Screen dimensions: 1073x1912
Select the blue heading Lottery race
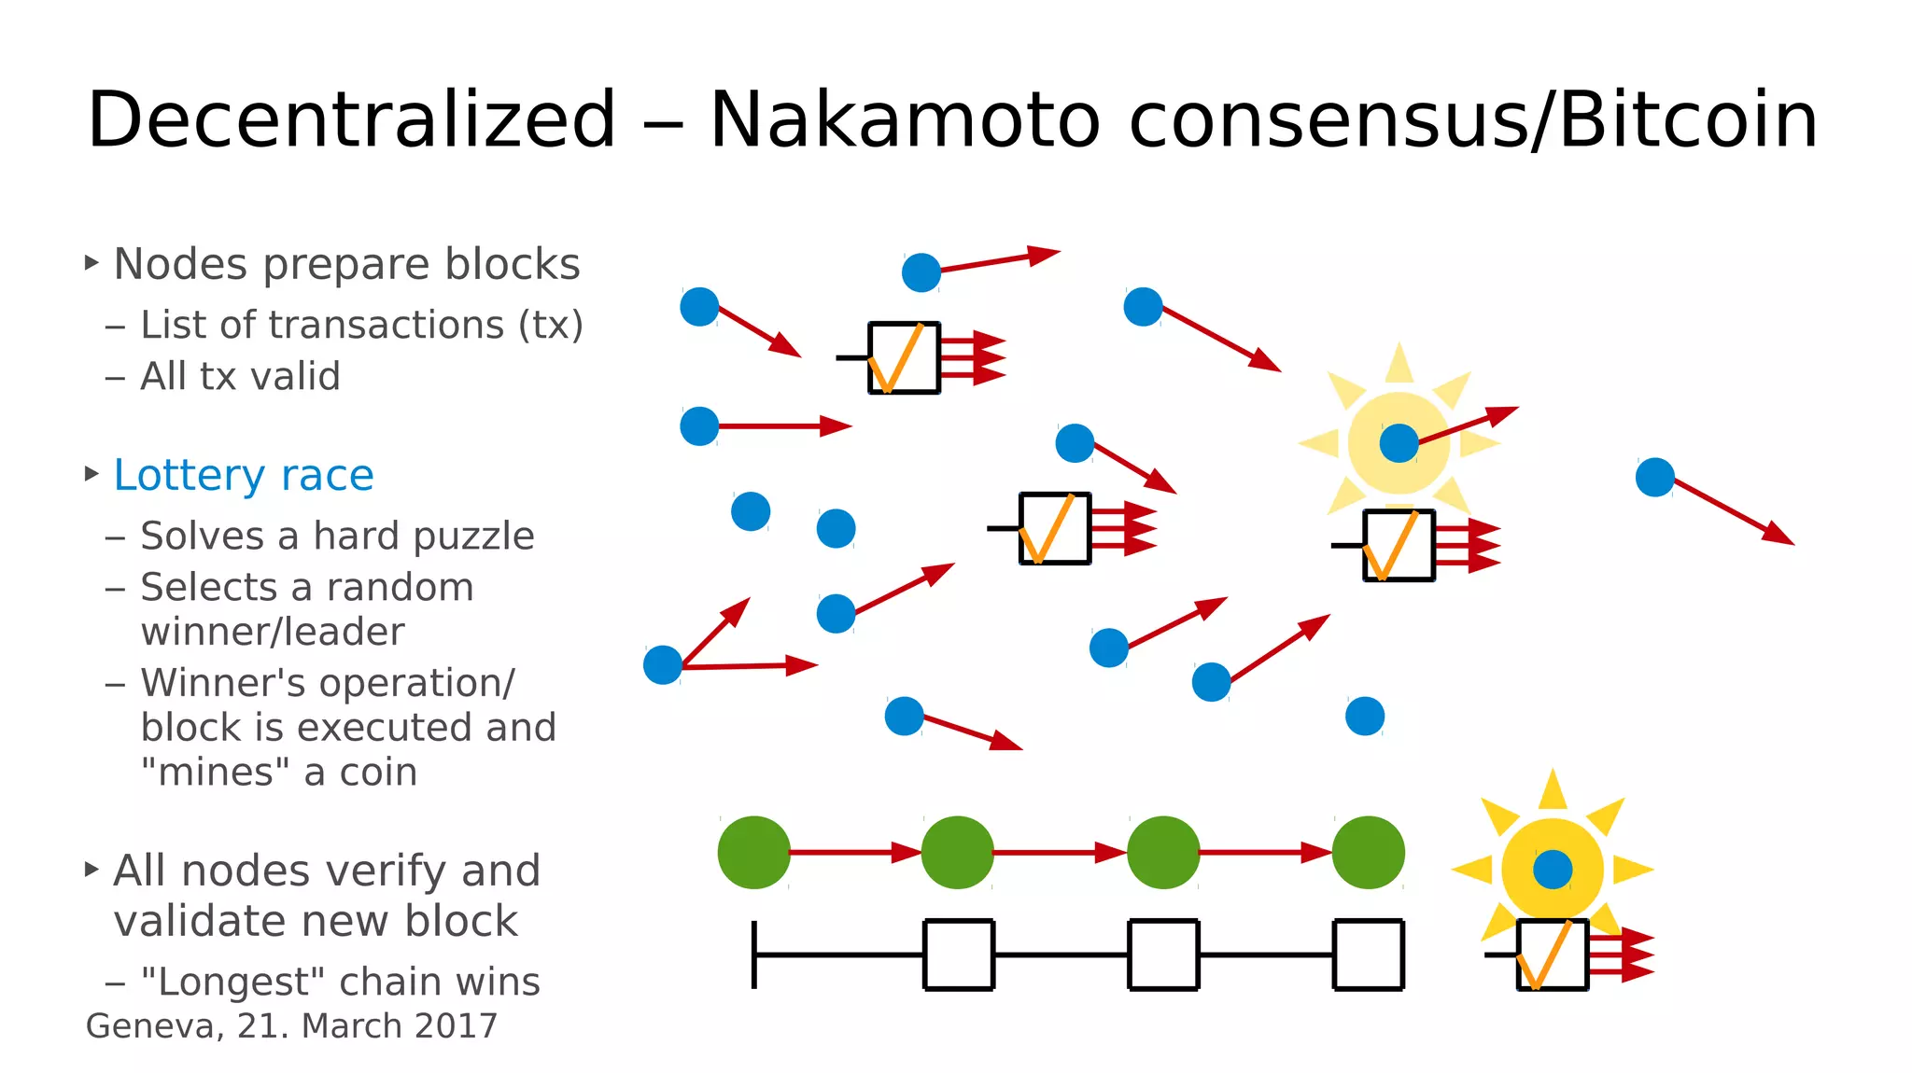pos(243,476)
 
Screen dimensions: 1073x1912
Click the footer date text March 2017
pos(400,1026)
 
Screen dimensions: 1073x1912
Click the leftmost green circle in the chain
pos(753,852)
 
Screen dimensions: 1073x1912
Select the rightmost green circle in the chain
pos(1368,852)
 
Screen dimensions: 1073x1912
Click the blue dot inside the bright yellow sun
pos(1553,870)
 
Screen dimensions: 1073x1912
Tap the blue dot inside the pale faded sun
pos(1399,443)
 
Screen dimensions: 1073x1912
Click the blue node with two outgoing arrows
pos(663,665)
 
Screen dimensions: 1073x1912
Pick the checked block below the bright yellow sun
pos(1552,955)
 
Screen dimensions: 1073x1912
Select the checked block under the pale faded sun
pos(1399,546)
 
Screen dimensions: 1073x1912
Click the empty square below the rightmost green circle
pos(1368,955)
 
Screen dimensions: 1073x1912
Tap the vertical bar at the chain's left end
pos(753,955)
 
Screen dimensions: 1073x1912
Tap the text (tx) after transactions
pos(551,326)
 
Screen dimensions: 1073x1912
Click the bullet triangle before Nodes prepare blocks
pos(91,263)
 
